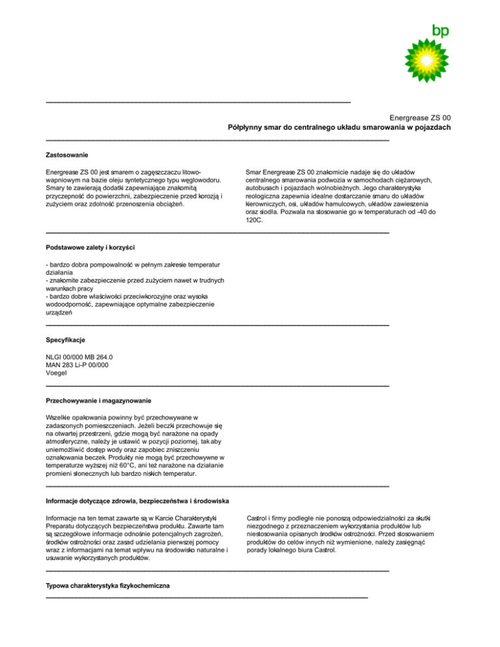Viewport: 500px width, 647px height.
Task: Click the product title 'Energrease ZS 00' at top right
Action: (x=415, y=117)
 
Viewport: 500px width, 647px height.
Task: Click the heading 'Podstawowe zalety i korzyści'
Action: (x=90, y=247)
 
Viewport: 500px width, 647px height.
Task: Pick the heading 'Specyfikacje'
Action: (x=66, y=340)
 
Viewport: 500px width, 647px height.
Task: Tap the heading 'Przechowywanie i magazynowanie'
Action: (x=99, y=399)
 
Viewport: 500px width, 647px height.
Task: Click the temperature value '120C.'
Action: (x=254, y=221)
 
